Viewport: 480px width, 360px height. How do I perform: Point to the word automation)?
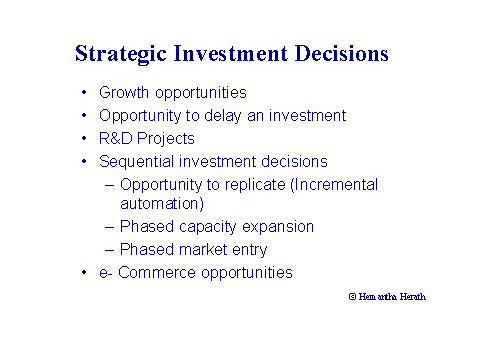(x=172, y=203)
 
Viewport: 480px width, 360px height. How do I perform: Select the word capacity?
(x=200, y=227)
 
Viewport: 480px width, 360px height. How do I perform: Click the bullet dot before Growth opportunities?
(x=84, y=94)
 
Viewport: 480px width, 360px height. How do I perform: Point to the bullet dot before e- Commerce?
(x=84, y=273)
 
